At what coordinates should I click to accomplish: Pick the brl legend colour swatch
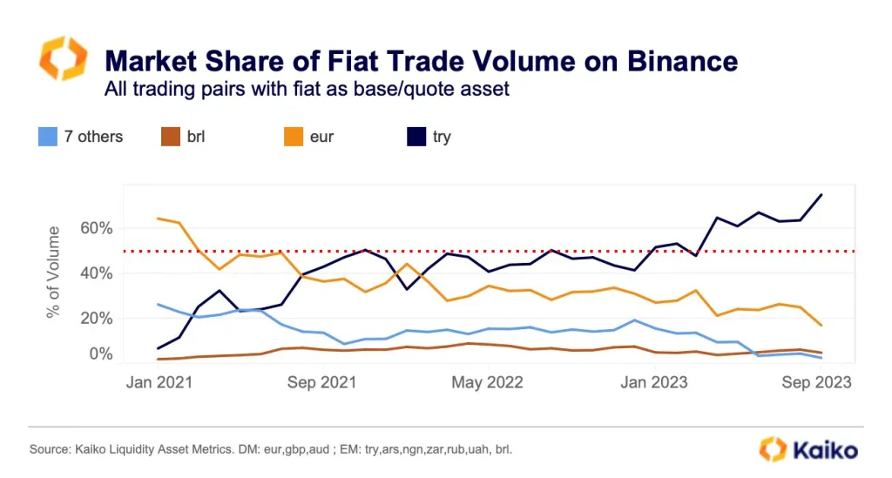(x=170, y=137)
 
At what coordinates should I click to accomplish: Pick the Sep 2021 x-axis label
(x=322, y=382)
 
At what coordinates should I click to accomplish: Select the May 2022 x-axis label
(x=488, y=382)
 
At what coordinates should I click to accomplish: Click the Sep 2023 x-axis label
(x=817, y=382)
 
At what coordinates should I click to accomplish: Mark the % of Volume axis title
(x=54, y=272)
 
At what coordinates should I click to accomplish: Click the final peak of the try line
(x=821, y=195)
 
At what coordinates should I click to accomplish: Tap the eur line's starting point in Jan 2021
(x=158, y=219)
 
